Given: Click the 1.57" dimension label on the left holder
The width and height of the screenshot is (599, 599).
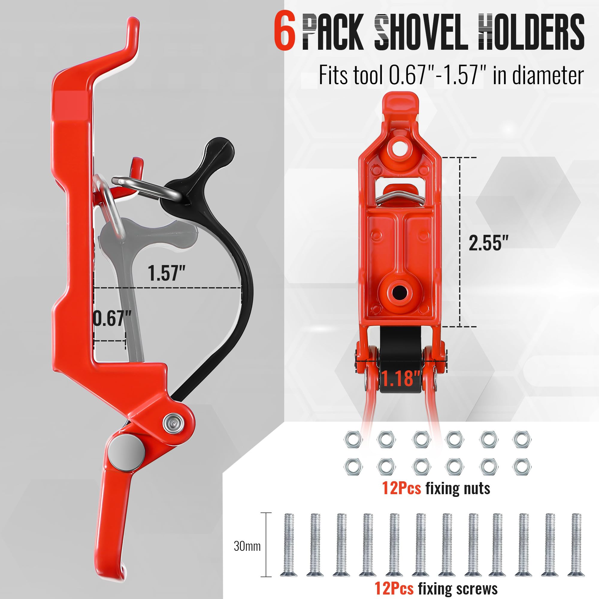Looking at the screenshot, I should [x=167, y=273].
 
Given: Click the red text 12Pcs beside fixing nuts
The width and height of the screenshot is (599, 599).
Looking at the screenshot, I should [x=402, y=488].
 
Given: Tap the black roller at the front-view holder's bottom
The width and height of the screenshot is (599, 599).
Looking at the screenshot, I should [x=400, y=360].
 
